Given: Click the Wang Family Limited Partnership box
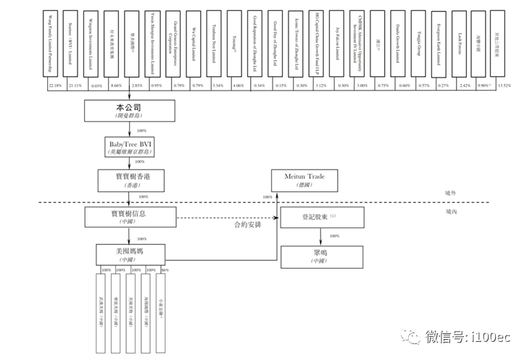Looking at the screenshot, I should tap(54, 46).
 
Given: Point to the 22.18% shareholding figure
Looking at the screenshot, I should tap(55, 86).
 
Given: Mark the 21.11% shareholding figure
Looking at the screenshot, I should tap(75, 86).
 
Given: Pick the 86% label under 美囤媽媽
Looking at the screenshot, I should tap(165, 271).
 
